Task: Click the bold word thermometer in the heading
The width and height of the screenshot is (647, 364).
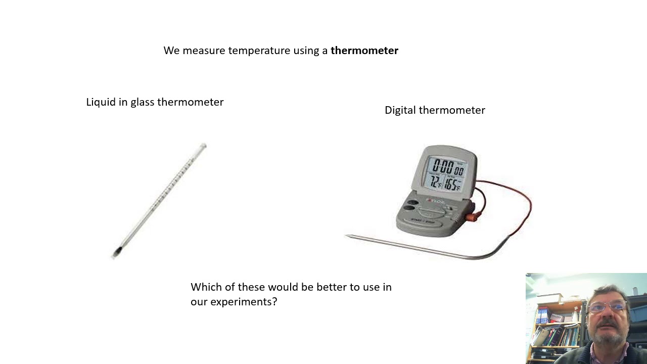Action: pyautogui.click(x=364, y=51)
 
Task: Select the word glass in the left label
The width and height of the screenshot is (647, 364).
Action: pyautogui.click(x=142, y=102)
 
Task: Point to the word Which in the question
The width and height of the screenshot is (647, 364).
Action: pyautogui.click(x=206, y=287)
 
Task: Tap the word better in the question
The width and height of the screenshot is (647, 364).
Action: pyautogui.click(x=331, y=287)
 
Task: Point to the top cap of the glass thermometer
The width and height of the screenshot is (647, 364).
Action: pyautogui.click(x=203, y=147)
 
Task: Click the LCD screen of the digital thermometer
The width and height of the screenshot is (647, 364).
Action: pyautogui.click(x=447, y=174)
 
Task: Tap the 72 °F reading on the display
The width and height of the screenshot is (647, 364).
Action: pyautogui.click(x=435, y=183)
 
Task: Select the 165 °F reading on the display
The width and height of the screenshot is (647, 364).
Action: pyautogui.click(x=453, y=184)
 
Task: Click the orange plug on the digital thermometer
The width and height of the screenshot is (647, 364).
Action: pyautogui.click(x=471, y=217)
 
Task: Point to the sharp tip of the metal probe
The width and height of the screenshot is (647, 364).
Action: pyautogui.click(x=347, y=236)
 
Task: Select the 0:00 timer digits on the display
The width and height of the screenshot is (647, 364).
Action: pyautogui.click(x=443, y=165)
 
